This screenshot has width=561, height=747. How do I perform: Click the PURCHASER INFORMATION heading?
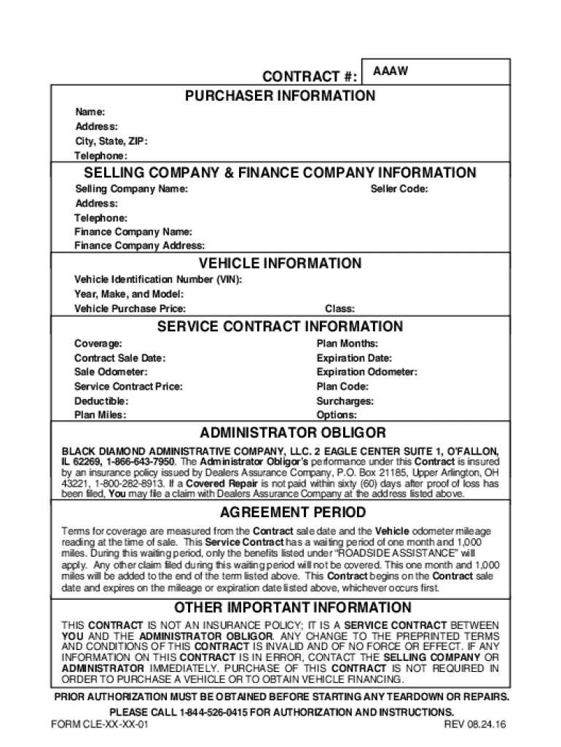coord(280,96)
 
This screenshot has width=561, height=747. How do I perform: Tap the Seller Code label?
coord(399,189)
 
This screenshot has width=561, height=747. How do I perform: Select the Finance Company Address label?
coord(139,246)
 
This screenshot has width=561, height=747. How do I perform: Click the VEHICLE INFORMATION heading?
coord(280,263)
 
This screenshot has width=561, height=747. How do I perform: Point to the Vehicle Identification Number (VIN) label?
coord(158,280)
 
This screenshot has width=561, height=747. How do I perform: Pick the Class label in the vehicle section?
coord(340,309)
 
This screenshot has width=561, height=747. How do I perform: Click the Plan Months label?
coord(347,344)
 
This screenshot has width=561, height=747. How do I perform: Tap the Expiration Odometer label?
coord(366,372)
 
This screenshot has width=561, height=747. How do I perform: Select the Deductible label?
coord(101,401)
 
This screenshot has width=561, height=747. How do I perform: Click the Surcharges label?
coord(345,401)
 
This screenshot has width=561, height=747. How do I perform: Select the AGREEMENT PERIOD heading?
coord(280,511)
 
